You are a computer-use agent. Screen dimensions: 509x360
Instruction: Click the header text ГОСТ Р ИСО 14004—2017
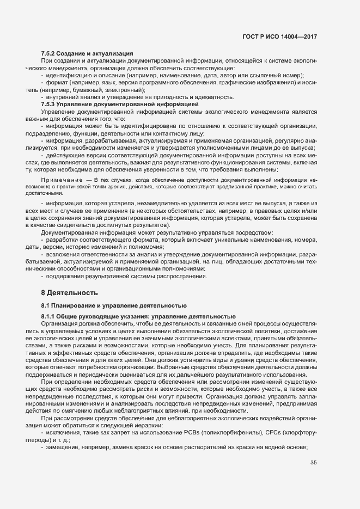pos(279,36)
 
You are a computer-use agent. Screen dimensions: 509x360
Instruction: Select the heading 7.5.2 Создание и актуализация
pos(87,53)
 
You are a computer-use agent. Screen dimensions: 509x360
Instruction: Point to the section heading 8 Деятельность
pos(70,293)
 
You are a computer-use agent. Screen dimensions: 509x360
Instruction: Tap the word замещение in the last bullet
pos(63,447)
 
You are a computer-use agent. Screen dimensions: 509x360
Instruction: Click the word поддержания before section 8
pos(65,275)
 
